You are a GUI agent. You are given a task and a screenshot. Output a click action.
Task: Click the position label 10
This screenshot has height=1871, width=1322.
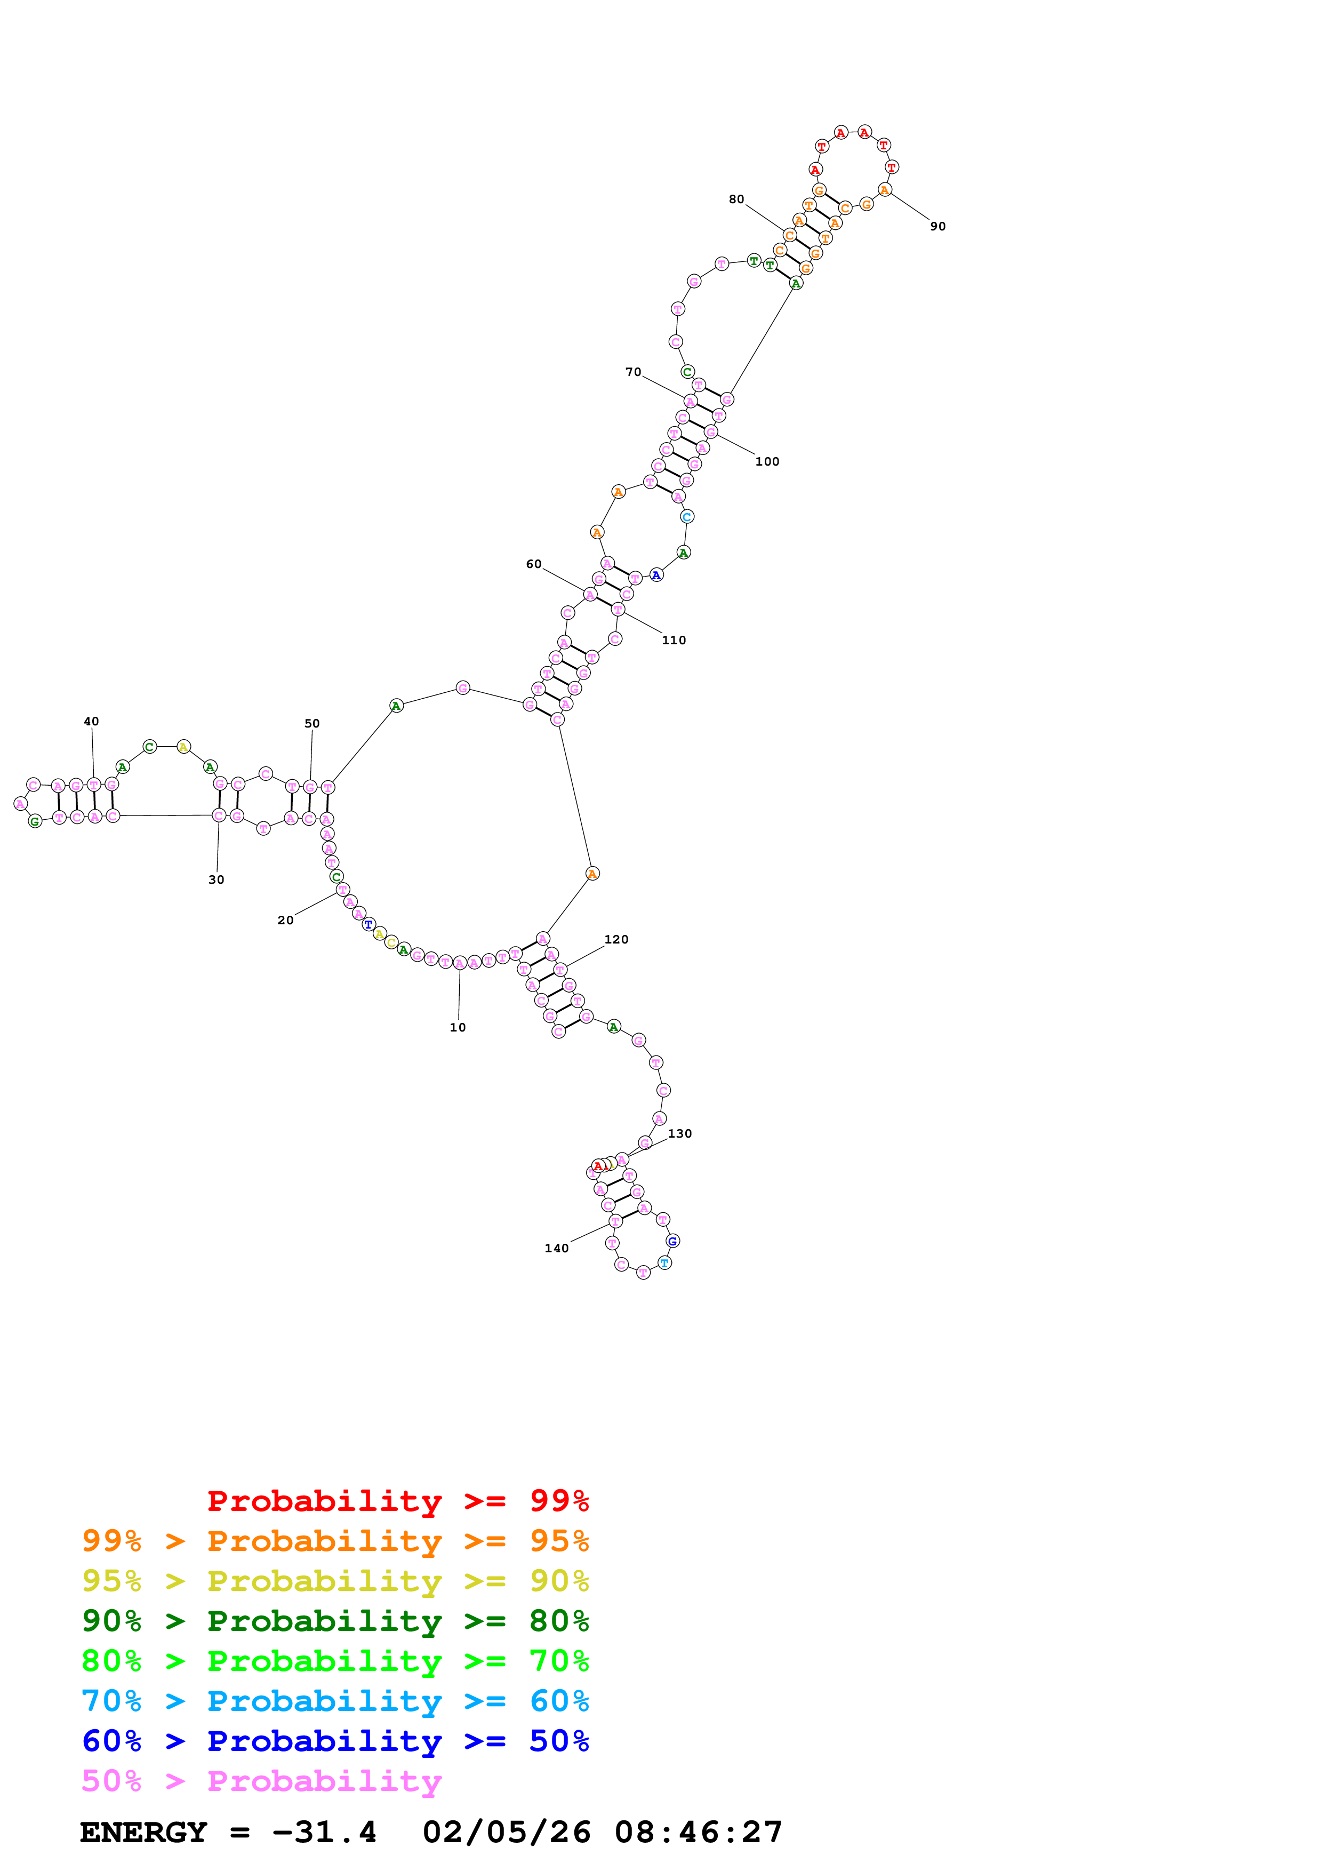pyautogui.click(x=458, y=1028)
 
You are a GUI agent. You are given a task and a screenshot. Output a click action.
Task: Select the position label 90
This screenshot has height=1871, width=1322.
pyautogui.click(x=938, y=227)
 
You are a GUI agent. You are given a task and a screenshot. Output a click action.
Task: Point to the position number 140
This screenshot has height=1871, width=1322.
pyautogui.click(x=556, y=1249)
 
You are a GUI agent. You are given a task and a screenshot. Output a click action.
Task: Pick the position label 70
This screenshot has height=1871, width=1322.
pyautogui.click(x=633, y=372)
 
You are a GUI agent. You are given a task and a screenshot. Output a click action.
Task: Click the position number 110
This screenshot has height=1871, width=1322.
pyautogui.click(x=674, y=641)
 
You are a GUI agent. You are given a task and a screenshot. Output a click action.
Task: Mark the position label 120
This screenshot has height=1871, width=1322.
pyautogui.click(x=616, y=940)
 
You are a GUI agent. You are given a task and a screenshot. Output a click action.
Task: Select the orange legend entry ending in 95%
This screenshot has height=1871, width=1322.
pyautogui.click(x=335, y=1541)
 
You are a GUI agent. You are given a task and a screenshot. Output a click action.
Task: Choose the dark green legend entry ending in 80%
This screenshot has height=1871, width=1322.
pyautogui.click(x=335, y=1621)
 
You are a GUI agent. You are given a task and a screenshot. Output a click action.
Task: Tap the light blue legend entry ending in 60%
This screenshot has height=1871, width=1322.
pyautogui.click(x=335, y=1701)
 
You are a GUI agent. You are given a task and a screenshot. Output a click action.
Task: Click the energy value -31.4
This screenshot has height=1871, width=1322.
pyautogui.click(x=324, y=1833)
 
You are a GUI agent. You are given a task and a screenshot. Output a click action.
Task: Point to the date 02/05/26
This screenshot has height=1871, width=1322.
pyautogui.click(x=506, y=1833)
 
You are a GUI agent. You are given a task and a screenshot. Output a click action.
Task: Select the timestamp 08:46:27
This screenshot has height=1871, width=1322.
pyautogui.click(x=698, y=1833)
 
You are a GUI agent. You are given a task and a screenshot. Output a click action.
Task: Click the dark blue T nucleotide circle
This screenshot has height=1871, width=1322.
pyautogui.click(x=368, y=924)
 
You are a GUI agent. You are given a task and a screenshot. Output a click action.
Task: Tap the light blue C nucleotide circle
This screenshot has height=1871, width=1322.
pyautogui.click(x=687, y=517)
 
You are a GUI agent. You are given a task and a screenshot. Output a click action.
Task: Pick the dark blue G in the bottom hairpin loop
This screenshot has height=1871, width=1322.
pyautogui.click(x=672, y=1241)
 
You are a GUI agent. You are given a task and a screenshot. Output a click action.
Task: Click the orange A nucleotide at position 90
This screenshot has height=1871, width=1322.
pyautogui.click(x=885, y=190)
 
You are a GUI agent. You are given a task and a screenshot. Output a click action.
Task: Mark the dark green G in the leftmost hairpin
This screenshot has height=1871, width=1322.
pyautogui.click(x=34, y=821)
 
